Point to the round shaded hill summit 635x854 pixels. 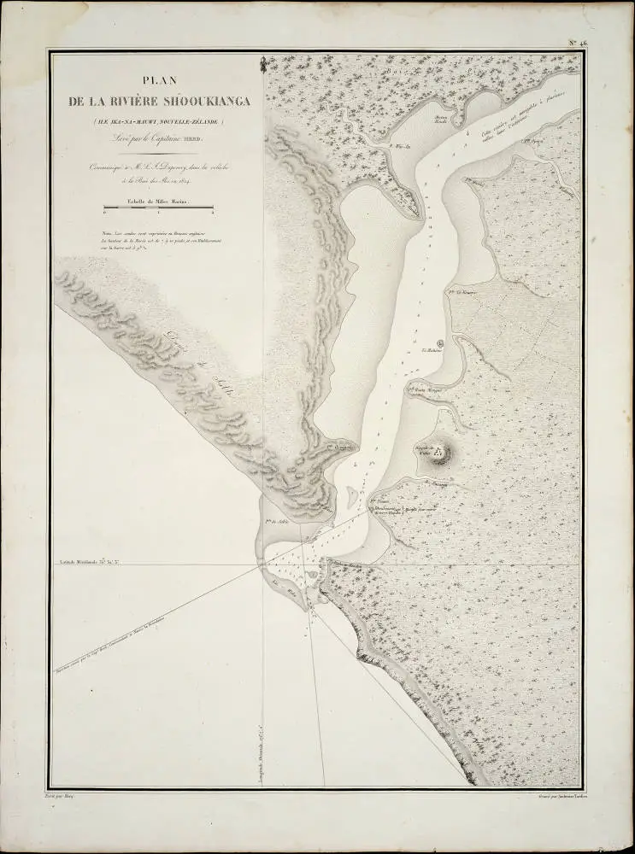[441, 453]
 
